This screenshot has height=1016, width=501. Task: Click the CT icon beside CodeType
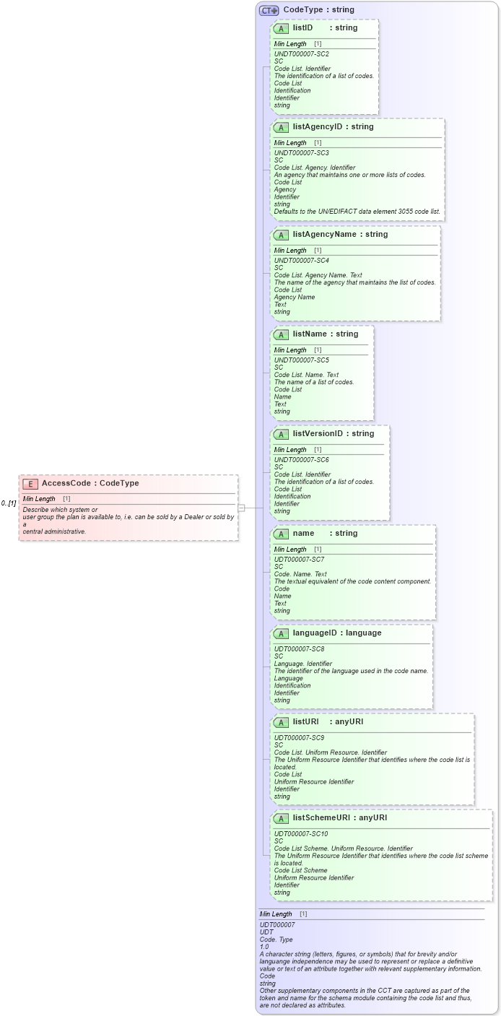click(269, 10)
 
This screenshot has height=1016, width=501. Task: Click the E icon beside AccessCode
click(30, 484)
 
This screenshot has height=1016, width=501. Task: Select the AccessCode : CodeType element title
click(90, 484)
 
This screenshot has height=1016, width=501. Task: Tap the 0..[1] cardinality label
click(9, 503)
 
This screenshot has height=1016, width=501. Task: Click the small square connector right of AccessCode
click(242, 508)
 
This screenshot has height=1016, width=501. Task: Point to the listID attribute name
click(302, 28)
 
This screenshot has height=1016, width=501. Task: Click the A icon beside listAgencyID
click(281, 127)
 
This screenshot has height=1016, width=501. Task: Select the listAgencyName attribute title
click(340, 235)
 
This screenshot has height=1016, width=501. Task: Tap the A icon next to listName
click(281, 334)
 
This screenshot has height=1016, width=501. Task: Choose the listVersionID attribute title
click(333, 434)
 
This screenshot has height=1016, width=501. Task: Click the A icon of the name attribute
click(281, 534)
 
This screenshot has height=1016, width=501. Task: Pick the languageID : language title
click(336, 633)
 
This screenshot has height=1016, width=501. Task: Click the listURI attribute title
click(328, 722)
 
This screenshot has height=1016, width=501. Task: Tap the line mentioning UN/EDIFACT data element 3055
click(357, 212)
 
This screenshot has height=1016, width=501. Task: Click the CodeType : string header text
click(318, 10)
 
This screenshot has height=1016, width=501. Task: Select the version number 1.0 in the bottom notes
click(264, 947)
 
